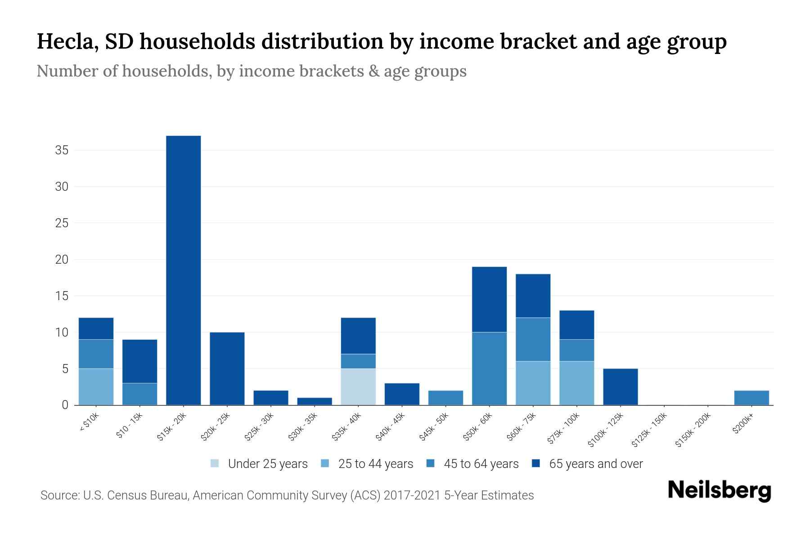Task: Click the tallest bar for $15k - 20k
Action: tap(184, 270)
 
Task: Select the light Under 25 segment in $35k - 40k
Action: tap(358, 387)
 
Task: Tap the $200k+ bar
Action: tap(751, 398)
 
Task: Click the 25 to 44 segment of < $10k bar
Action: tap(96, 387)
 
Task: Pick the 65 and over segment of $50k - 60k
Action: tap(489, 299)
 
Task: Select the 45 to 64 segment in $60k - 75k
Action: tap(533, 339)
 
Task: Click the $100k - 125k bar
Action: tap(620, 387)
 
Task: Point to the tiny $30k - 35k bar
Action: tap(315, 401)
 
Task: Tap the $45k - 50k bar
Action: tap(445, 398)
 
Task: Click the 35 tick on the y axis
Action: tap(62, 150)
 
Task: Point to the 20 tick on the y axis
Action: tap(62, 260)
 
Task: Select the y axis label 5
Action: tap(65, 369)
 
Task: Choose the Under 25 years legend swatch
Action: tap(215, 463)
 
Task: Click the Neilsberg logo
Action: tap(719, 490)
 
